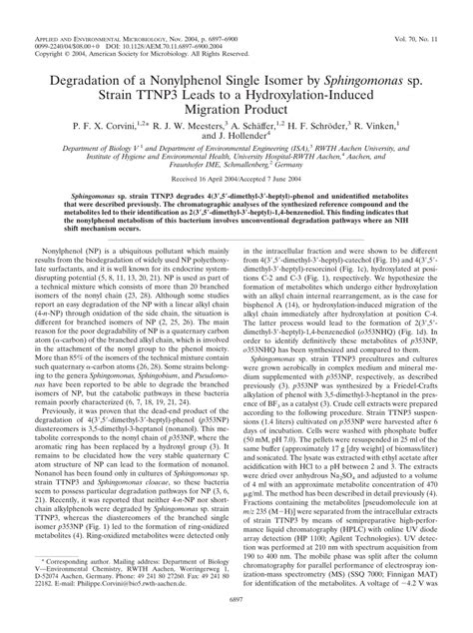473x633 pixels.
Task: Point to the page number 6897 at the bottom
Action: click(x=236, y=623)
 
